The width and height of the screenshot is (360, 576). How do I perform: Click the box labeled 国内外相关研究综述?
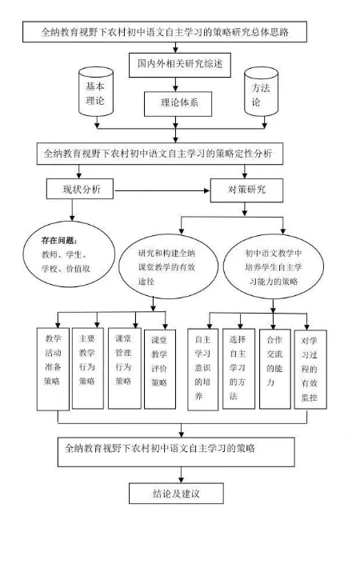click(x=180, y=65)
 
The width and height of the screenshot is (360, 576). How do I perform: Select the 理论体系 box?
click(x=178, y=103)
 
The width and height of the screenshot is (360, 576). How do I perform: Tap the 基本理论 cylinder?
click(x=96, y=92)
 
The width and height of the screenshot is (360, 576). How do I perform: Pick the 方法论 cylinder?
click(x=261, y=92)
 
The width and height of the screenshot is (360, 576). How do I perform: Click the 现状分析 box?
click(x=80, y=189)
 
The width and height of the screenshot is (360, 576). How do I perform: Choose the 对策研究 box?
click(x=246, y=190)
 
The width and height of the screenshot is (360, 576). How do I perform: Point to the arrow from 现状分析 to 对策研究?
click(x=162, y=190)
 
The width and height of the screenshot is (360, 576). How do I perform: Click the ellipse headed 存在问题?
click(x=69, y=254)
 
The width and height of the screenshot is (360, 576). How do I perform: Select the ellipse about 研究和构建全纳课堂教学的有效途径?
click(x=168, y=266)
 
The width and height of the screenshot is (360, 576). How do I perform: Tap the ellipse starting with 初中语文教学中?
click(x=274, y=266)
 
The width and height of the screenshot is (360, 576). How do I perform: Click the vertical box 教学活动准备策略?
click(x=53, y=369)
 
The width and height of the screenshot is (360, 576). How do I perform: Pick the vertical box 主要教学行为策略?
click(x=88, y=369)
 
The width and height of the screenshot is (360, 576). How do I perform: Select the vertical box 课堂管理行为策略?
click(x=125, y=369)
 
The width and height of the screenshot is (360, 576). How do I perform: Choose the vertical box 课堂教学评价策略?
click(x=160, y=369)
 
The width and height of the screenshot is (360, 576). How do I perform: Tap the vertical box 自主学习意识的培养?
click(x=202, y=369)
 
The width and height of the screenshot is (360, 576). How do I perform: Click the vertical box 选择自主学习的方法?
click(x=238, y=369)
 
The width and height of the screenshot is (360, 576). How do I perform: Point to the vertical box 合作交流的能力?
click(x=275, y=369)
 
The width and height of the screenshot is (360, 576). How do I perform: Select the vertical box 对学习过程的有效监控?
click(x=310, y=369)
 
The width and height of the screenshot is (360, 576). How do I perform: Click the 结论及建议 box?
click(x=176, y=494)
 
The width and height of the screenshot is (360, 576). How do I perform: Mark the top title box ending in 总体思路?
click(x=165, y=31)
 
